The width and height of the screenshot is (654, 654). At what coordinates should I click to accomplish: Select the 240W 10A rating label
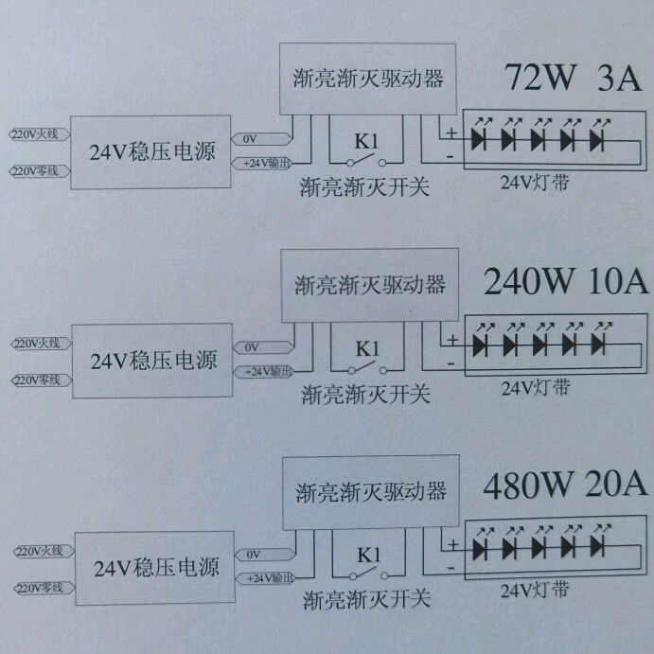coord(565,281)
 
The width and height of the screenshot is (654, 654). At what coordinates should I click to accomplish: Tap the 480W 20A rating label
coord(565,486)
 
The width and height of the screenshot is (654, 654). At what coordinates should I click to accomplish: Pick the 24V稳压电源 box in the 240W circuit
coord(152,361)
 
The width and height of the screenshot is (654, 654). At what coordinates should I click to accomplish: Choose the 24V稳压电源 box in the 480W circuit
coord(155,567)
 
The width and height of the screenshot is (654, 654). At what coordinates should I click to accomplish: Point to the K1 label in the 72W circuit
coord(365,141)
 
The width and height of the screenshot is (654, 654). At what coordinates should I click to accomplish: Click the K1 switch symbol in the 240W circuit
coord(367,367)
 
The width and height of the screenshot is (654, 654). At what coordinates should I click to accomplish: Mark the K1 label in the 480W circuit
coord(368,555)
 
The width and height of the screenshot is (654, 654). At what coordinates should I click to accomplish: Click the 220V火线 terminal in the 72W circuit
coord(36,135)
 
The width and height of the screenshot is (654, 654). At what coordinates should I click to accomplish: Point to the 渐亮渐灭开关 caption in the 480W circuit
coord(366,599)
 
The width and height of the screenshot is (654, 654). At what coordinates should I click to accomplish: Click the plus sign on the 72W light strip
coord(451,133)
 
